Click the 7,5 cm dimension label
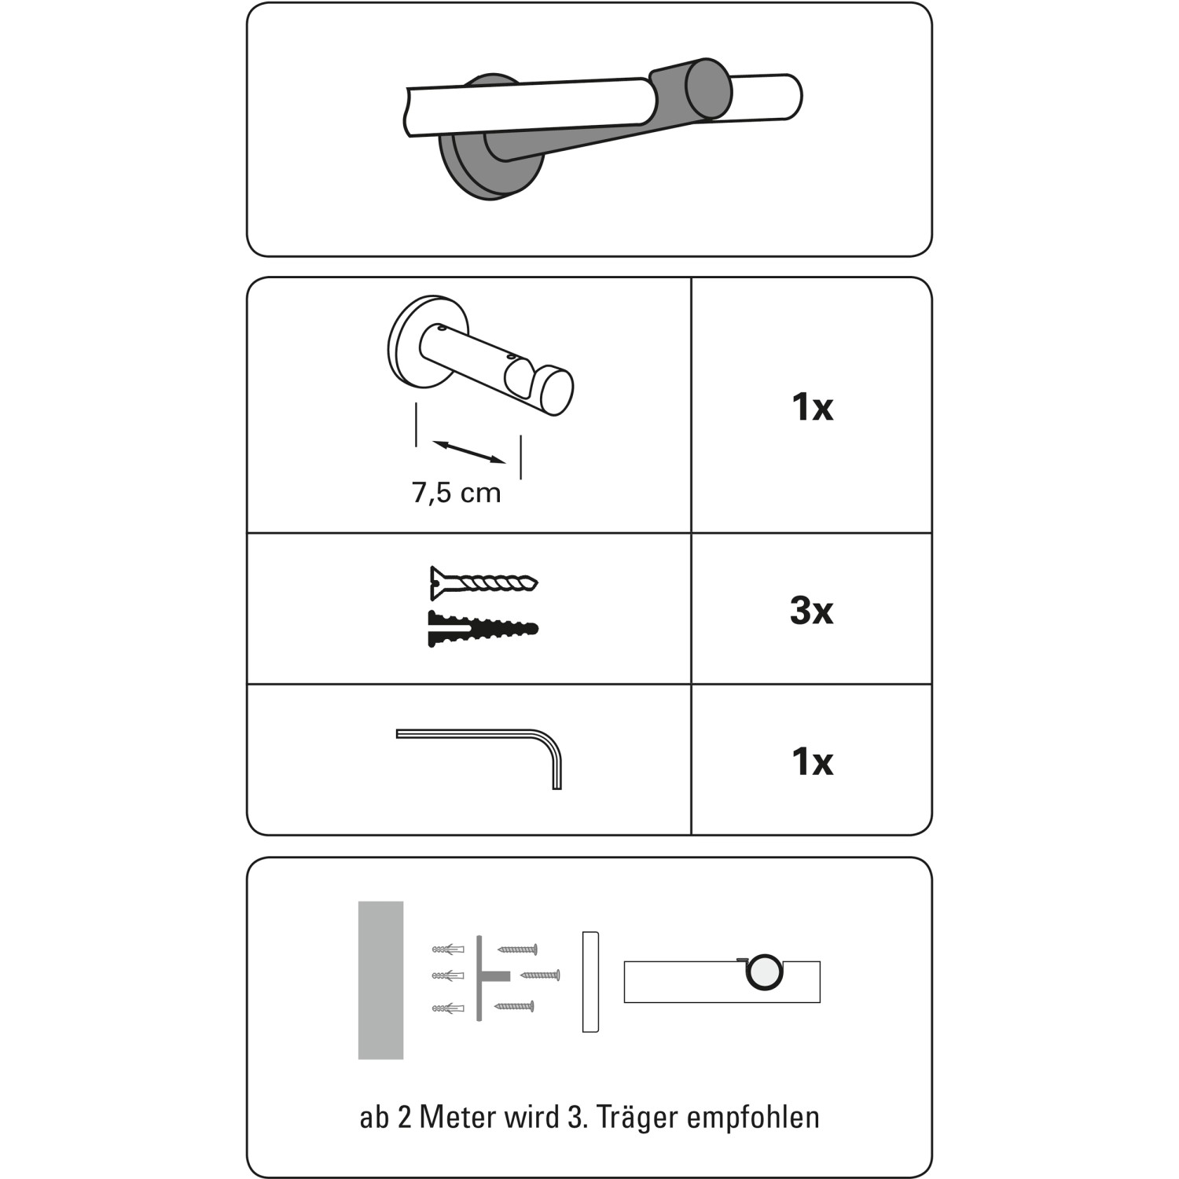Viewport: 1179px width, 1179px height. [456, 493]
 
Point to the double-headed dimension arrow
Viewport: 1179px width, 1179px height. [469, 452]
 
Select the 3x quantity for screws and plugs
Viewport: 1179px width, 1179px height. [811, 611]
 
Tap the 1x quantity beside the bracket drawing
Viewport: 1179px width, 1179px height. [812, 407]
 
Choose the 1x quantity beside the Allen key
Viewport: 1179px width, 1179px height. [812, 762]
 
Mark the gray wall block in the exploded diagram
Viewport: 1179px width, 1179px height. [380, 980]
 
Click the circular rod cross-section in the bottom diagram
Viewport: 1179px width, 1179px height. [765, 971]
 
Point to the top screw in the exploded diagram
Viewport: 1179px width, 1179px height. [517, 949]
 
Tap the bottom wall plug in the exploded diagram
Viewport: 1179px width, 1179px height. [448, 1008]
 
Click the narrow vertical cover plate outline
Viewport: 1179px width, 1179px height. [590, 982]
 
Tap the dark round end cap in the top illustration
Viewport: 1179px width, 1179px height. [708, 89]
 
